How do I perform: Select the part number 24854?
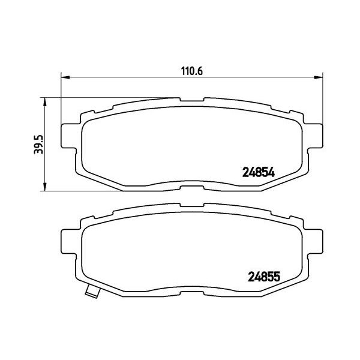[x=257, y=171]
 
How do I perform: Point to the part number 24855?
[x=265, y=277]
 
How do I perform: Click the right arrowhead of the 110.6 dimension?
[x=318, y=77]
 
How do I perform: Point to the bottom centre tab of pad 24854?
[x=191, y=189]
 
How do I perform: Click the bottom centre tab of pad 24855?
[x=191, y=296]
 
